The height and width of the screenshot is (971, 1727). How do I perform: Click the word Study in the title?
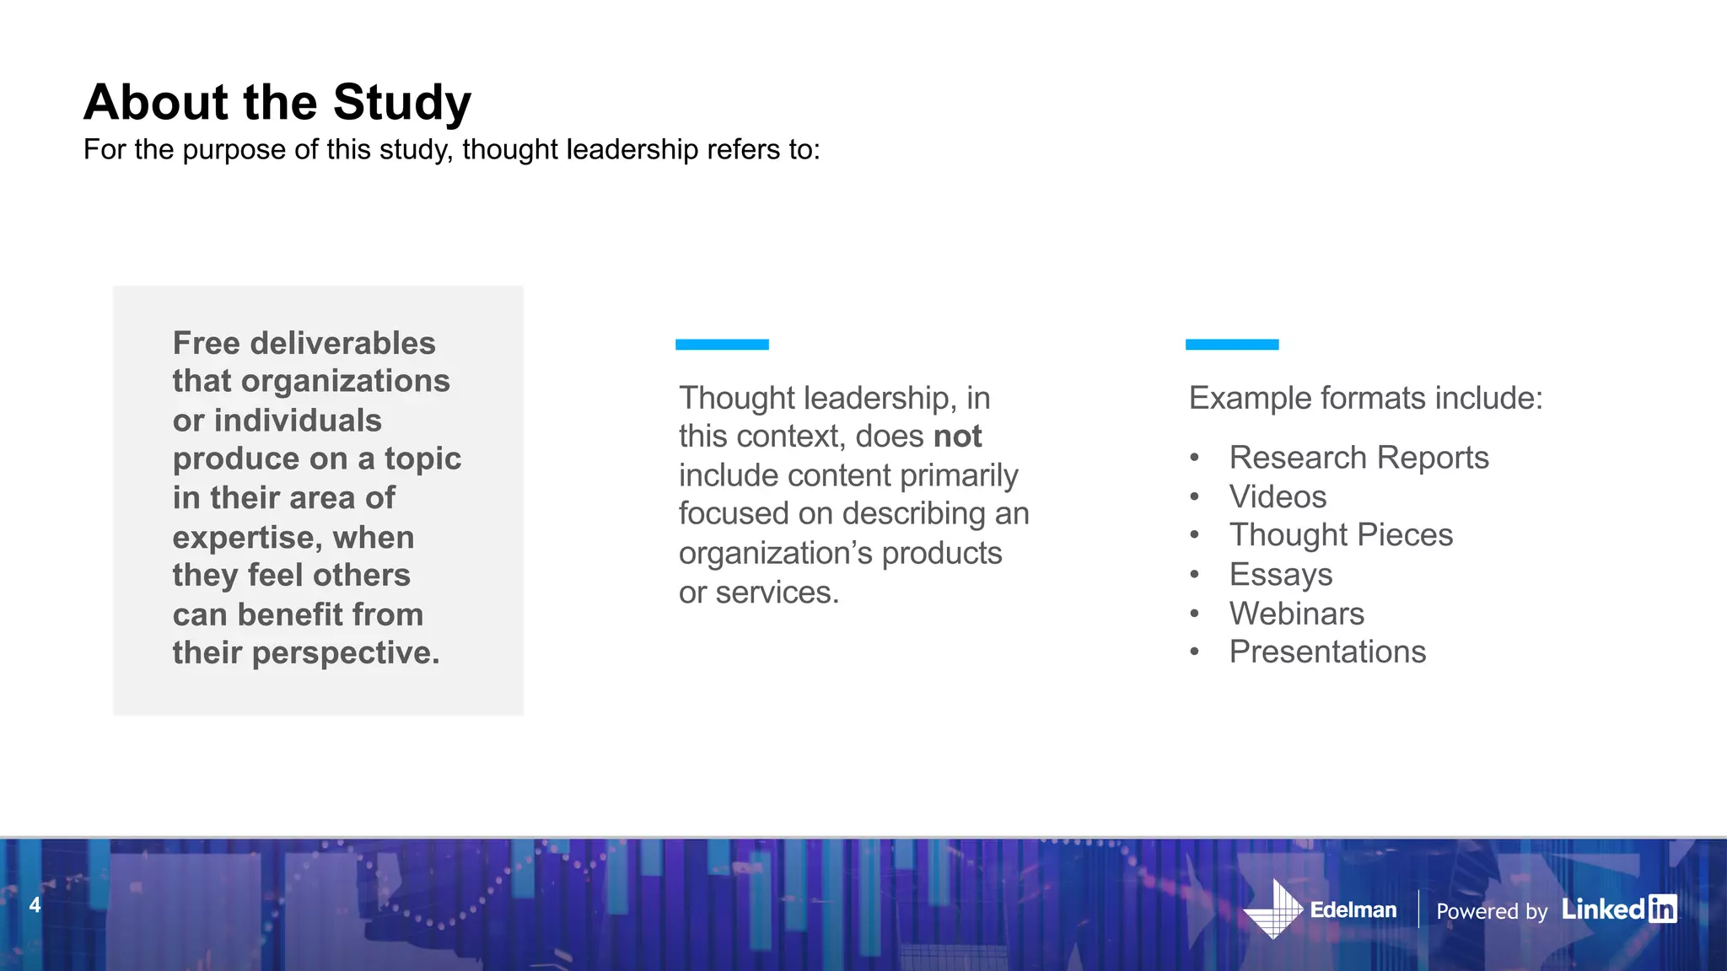click(x=401, y=103)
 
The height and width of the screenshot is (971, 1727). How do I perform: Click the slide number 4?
click(x=35, y=905)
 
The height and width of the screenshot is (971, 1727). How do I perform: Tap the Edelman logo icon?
click(x=1274, y=909)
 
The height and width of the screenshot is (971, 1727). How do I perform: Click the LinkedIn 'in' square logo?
click(x=1662, y=909)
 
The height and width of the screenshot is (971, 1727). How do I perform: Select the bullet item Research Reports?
click(x=1358, y=458)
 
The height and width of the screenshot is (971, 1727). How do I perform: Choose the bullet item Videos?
click(x=1278, y=496)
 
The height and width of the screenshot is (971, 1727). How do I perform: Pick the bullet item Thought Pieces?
click(x=1341, y=535)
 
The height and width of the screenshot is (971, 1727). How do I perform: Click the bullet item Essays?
click(x=1280, y=575)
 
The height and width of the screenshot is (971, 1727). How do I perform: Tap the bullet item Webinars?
click(x=1296, y=614)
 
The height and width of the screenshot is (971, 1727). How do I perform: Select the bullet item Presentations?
click(x=1327, y=652)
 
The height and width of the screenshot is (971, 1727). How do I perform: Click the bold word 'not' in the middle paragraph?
click(x=957, y=437)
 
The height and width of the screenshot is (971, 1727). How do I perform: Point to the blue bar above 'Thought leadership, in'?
click(x=722, y=344)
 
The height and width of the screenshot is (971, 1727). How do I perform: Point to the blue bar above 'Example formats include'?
click(x=1232, y=344)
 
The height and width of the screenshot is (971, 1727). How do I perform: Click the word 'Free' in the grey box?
click(x=207, y=343)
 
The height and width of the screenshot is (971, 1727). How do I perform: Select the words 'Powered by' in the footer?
click(x=1492, y=911)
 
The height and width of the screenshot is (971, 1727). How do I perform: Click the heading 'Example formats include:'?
click(x=1365, y=398)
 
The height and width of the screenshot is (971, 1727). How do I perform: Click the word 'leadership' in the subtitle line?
click(x=632, y=150)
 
